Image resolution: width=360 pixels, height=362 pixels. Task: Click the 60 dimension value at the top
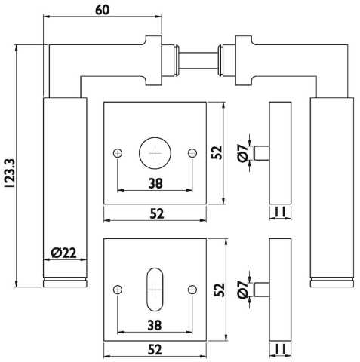[103, 10]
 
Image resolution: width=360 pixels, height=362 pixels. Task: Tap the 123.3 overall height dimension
[11, 173]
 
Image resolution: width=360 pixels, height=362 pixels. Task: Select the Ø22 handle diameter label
[63, 253]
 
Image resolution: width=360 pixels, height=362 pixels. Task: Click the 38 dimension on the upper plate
[155, 183]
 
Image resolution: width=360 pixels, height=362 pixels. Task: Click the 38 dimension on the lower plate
[155, 325]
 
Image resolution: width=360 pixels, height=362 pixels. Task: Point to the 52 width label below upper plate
[157, 213]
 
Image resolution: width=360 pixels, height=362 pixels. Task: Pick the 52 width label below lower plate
[155, 350]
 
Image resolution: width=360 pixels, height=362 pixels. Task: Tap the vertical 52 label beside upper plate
[217, 152]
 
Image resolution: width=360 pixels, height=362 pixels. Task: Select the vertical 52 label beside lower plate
[219, 290]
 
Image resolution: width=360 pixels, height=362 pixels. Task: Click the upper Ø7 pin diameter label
[243, 153]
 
